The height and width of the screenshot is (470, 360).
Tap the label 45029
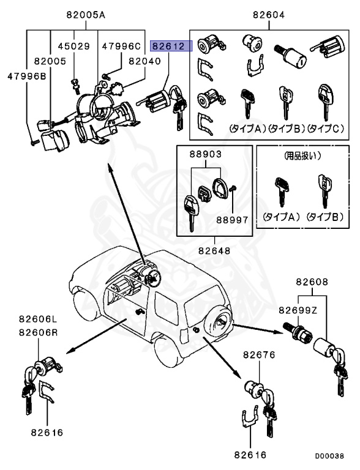point(73,46)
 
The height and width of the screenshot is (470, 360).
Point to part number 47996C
point(121,46)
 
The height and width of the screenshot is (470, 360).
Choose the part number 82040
point(144,61)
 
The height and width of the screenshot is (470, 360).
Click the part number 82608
point(312,282)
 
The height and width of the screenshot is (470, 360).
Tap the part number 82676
point(260,355)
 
